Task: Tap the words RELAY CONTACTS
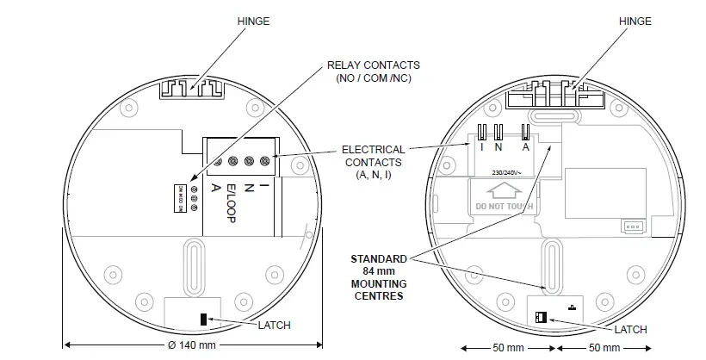(x=374, y=65)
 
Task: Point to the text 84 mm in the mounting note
(x=379, y=270)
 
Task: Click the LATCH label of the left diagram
(x=275, y=325)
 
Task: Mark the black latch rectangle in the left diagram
(x=205, y=320)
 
